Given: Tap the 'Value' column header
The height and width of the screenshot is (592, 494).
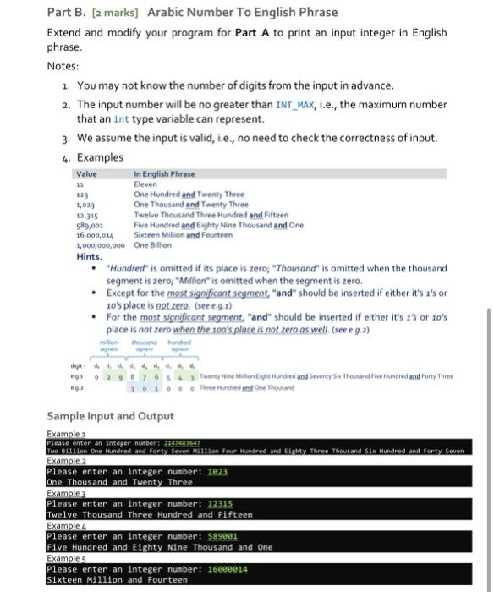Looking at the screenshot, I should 87,174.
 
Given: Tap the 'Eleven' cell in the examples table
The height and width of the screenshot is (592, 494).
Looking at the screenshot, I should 146,184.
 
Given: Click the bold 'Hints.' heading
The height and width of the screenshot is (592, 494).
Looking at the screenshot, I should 91,255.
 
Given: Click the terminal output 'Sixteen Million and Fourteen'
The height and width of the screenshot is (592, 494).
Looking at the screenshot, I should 113,578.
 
